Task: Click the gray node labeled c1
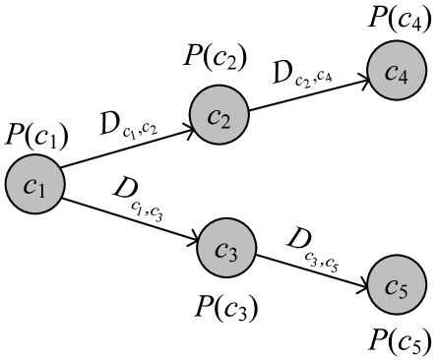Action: click(35, 184)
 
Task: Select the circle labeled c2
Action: click(218, 115)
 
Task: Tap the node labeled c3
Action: click(226, 248)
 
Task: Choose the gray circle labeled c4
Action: click(397, 71)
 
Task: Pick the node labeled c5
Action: click(396, 285)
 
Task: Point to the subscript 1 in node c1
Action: click(41, 190)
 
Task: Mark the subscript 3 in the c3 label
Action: click(233, 255)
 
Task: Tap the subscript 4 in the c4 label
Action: click(404, 77)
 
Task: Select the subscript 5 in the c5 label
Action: click(403, 291)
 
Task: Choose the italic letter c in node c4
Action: click(391, 70)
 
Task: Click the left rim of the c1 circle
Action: click(8, 184)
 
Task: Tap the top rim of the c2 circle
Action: click(218, 88)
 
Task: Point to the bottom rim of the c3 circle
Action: click(226, 275)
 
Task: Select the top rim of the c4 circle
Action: click(397, 43)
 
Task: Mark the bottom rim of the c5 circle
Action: click(396, 313)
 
